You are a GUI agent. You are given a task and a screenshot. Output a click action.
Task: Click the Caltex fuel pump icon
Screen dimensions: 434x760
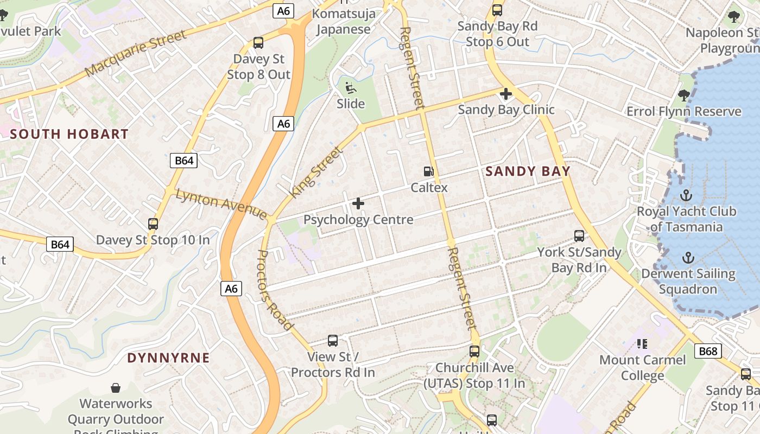[429, 171]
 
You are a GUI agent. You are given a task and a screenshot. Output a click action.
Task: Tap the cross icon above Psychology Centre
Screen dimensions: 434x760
[358, 203]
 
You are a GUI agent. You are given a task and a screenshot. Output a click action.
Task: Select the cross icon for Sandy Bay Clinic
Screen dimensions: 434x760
[506, 94]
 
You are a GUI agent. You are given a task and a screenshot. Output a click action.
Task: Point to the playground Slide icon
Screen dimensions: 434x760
[351, 87]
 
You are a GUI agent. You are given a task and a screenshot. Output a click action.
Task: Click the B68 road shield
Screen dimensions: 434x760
[708, 351]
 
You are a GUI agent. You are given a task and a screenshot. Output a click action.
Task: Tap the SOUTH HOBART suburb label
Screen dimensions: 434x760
[69, 134]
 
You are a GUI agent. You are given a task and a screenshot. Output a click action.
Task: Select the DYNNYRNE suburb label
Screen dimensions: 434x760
[168, 358]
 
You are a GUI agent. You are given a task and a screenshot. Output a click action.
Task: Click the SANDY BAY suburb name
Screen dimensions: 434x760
[528, 171]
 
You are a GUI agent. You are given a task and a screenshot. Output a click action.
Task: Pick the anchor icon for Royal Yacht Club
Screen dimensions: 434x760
[686, 195]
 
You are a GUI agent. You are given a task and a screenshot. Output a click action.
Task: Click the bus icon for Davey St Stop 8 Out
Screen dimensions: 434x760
[258, 42]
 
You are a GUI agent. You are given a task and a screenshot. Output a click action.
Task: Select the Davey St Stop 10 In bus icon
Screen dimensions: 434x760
[153, 224]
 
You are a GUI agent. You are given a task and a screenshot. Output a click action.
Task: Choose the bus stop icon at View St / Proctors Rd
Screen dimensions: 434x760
[333, 341]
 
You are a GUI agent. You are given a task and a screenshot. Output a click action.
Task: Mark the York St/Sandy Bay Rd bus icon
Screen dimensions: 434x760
[579, 236]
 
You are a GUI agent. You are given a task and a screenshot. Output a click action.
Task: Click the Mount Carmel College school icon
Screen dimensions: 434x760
[642, 343]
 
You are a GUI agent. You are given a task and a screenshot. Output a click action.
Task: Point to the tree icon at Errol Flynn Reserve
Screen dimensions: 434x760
[683, 95]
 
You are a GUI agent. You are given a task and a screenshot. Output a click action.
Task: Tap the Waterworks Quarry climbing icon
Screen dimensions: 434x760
[115, 387]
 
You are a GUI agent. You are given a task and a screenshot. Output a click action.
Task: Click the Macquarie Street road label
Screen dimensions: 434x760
[136, 53]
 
